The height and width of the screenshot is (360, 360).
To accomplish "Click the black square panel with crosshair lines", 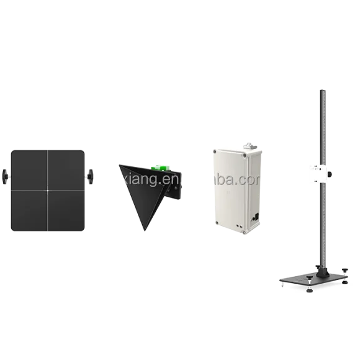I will click(x=47, y=191).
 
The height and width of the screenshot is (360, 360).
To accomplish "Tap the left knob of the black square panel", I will click(x=6, y=176).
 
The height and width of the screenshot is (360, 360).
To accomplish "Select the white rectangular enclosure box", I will click(x=236, y=189).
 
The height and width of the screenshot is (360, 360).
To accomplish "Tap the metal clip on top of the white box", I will click(x=248, y=144).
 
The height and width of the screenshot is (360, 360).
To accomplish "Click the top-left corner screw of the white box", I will click(x=215, y=150).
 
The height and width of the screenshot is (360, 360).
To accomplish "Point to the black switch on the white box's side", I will click(x=255, y=217).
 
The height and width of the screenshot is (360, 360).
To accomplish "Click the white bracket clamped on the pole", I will click(x=318, y=173).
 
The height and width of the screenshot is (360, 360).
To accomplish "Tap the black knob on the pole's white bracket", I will click(x=330, y=173).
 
